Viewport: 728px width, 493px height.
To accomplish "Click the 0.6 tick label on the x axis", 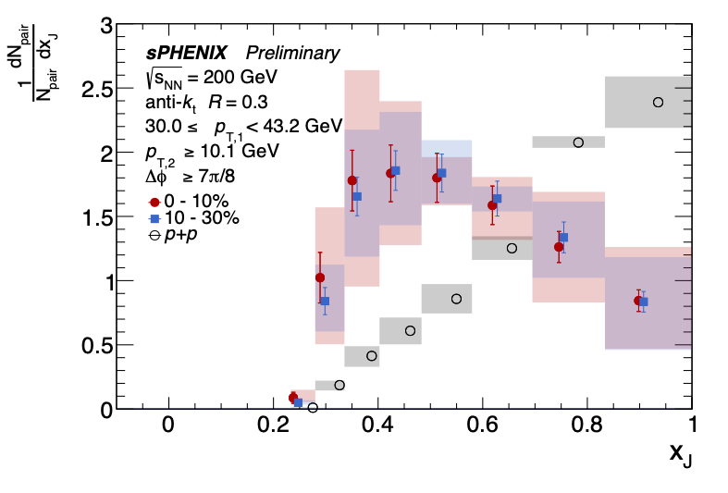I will (x=481, y=425).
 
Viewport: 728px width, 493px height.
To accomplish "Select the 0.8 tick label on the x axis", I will (x=586, y=425).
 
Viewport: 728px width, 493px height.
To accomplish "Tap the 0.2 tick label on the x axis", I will (x=272, y=425).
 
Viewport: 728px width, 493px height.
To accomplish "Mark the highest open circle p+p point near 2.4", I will (x=659, y=102).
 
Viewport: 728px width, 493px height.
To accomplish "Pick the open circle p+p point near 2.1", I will (x=578, y=142).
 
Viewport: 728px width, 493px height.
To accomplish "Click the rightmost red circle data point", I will (x=638, y=301).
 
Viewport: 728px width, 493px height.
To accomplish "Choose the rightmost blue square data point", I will (x=645, y=302).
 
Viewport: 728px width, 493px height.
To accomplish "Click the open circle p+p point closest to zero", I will (x=313, y=407).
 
